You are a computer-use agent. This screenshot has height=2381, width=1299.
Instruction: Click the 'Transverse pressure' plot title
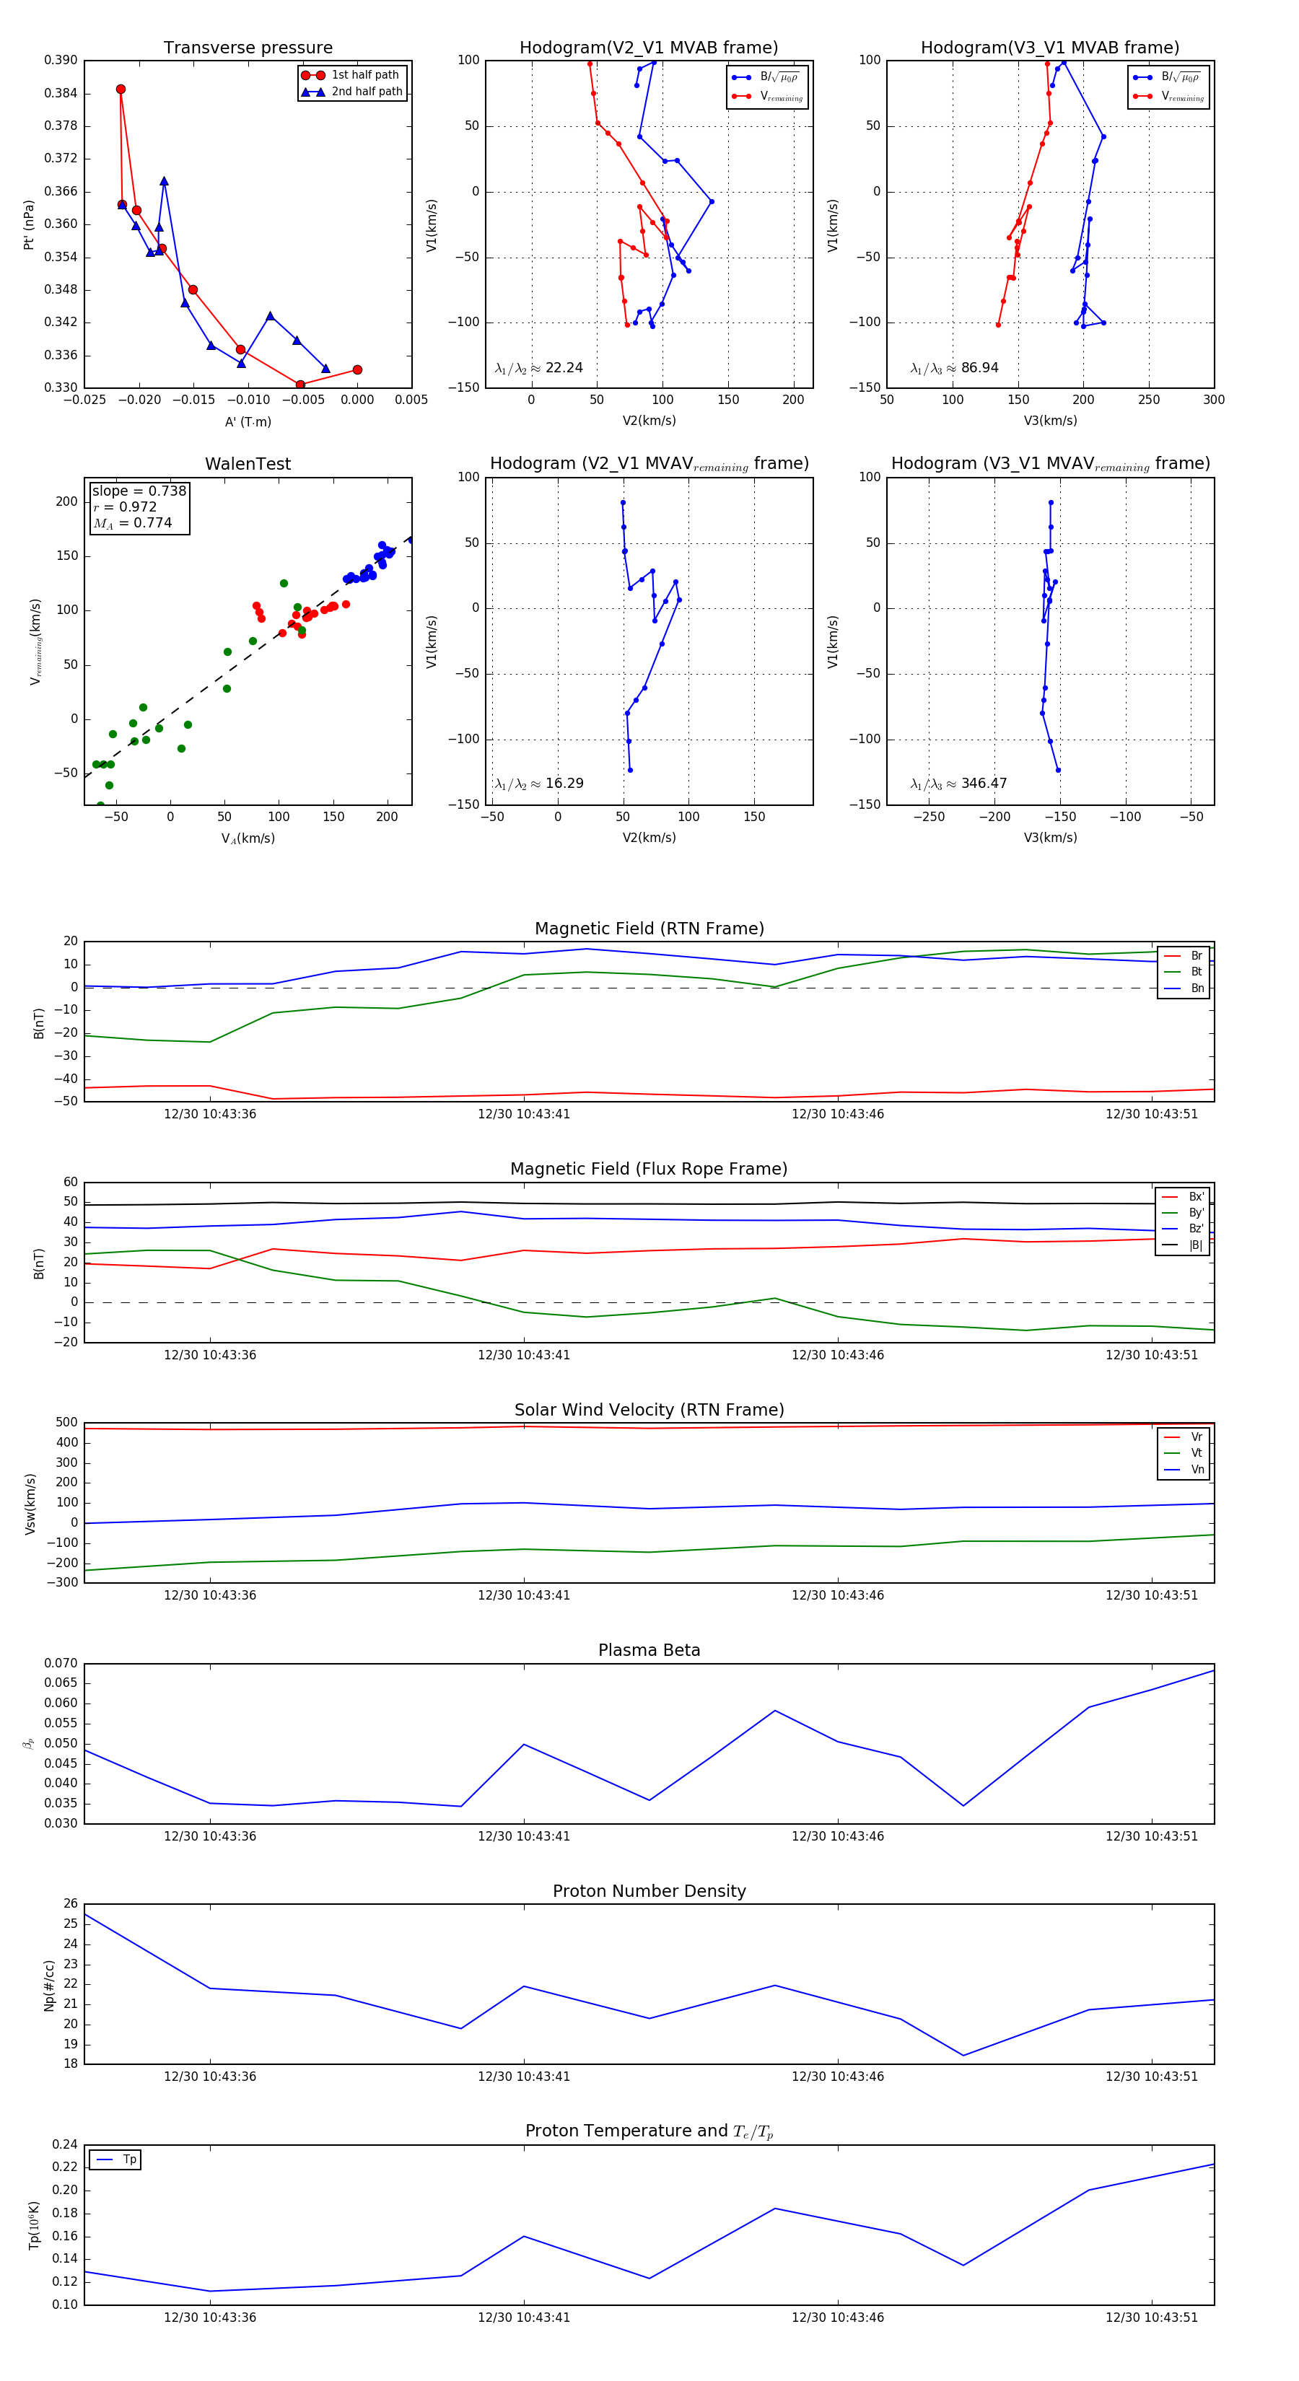[248, 48]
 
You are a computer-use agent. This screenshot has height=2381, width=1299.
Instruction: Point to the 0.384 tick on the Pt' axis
[61, 93]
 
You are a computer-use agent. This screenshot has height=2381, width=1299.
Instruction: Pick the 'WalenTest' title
[248, 464]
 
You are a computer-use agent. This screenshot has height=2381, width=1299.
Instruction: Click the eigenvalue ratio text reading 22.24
[564, 368]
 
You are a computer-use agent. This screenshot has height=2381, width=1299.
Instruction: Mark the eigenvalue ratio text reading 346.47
[984, 784]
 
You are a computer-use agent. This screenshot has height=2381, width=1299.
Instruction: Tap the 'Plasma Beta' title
[649, 1651]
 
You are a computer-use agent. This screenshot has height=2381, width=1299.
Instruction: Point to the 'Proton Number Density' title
[649, 1891]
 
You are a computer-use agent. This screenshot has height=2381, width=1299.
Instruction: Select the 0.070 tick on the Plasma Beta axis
[61, 1664]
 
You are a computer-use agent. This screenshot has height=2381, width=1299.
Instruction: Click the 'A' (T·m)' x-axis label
[248, 422]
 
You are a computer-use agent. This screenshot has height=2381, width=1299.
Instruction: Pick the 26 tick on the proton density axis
[70, 1904]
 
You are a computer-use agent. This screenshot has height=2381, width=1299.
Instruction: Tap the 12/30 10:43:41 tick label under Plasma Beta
[523, 1836]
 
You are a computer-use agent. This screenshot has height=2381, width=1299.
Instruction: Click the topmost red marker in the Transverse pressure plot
[121, 89]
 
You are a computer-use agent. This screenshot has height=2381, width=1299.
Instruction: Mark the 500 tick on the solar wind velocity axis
[66, 1424]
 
